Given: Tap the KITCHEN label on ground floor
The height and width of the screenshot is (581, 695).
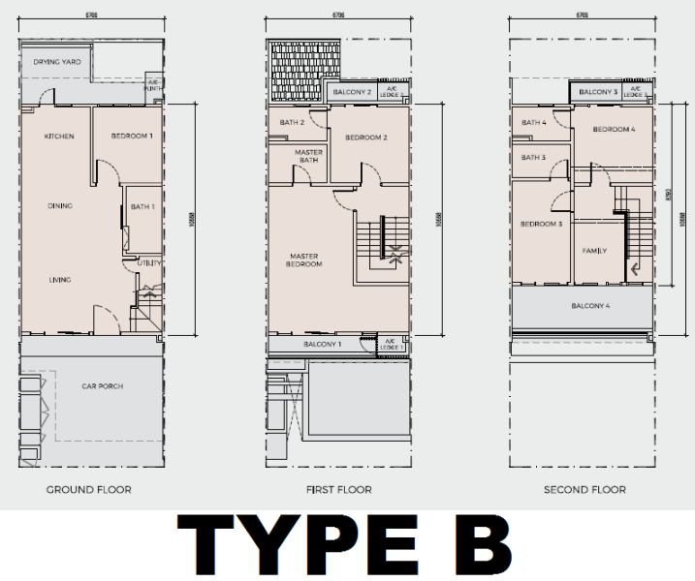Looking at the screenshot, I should [x=59, y=137].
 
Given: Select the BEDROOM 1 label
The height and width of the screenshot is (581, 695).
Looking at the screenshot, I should [x=132, y=136].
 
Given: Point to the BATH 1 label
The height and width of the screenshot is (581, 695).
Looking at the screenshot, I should [x=142, y=206].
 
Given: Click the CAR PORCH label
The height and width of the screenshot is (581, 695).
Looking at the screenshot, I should [x=102, y=386].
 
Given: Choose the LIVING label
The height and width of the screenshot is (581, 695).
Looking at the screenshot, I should [x=60, y=280].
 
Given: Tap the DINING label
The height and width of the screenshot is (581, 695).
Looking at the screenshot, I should [x=60, y=205].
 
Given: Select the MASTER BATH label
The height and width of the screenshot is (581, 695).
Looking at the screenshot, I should [x=308, y=156].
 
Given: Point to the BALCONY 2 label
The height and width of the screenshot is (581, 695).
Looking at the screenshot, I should [x=353, y=92].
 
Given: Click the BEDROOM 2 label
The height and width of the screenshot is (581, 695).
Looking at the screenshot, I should [x=366, y=138].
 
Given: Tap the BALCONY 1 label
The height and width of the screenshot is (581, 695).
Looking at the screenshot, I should [x=323, y=345].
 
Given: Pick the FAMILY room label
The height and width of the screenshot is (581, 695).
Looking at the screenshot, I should [x=594, y=251].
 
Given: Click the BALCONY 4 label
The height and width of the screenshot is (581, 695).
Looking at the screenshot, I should [x=590, y=307].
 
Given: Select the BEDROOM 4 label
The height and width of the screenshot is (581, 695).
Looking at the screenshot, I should [x=614, y=130].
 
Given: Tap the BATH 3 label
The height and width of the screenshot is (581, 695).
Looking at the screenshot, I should [x=534, y=158].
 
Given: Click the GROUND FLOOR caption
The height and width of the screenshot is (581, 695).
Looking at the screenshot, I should [x=89, y=490].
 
